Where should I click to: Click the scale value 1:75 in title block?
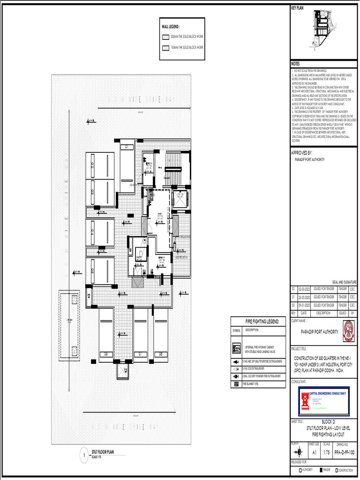coord(327,453)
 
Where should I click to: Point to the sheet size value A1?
coord(314,453)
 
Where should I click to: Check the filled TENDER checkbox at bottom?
coord(321,470)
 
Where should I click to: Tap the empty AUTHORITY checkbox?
coord(300,470)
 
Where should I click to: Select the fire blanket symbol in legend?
coord(236,384)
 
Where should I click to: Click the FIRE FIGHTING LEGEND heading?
coord(262,322)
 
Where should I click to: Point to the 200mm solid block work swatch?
coord(165,36)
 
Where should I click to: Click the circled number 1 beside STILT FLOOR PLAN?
coord(85,455)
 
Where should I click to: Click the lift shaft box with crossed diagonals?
coord(180,199)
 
